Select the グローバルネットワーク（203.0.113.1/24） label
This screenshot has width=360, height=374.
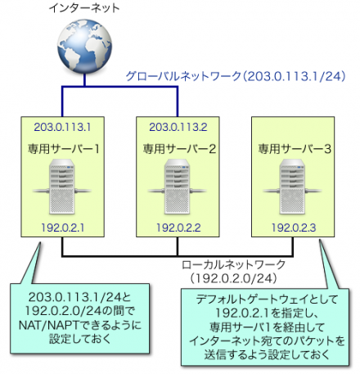click(236, 75)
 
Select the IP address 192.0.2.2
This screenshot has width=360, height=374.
click(178, 227)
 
